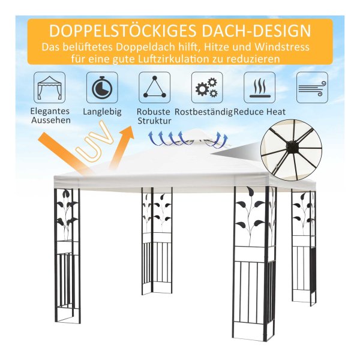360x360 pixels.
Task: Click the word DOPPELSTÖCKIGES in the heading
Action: click(x=122, y=31)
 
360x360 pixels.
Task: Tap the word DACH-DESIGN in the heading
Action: click(x=256, y=31)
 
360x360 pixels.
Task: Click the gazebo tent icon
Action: click(x=50, y=88)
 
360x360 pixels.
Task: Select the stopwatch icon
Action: click(x=102, y=88)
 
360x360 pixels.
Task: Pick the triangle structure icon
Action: click(x=155, y=88)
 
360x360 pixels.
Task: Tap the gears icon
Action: click(x=207, y=88)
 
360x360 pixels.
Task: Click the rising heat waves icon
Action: click(x=259, y=88)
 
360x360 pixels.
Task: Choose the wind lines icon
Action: click(x=312, y=88)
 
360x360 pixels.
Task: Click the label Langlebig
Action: click(x=102, y=112)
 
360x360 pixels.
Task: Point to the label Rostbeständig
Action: click(x=203, y=112)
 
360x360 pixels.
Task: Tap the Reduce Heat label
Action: click(x=259, y=112)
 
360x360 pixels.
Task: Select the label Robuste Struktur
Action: click(x=154, y=116)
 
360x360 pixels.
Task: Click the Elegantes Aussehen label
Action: click(x=50, y=115)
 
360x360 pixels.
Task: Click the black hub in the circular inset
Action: click(x=291, y=146)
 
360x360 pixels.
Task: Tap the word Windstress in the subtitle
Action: click(x=282, y=47)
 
